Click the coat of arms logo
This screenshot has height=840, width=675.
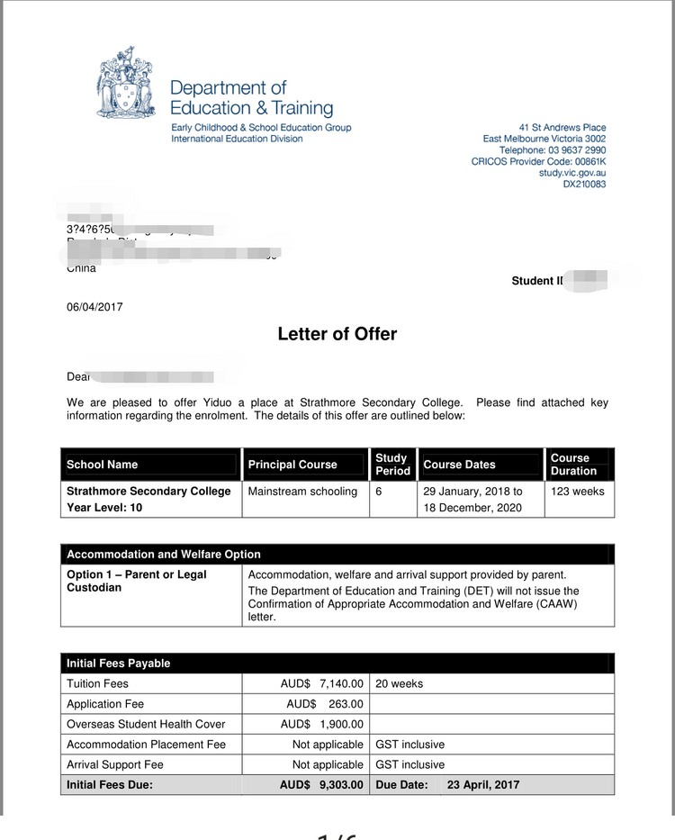pyautogui.click(x=127, y=87)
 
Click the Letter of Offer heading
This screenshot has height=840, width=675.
pyautogui.click(x=337, y=334)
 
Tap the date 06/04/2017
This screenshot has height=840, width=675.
pyautogui.click(x=94, y=307)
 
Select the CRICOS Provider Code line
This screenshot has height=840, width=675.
pyautogui.click(x=538, y=162)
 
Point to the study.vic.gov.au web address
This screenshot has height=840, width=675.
pyautogui.click(x=572, y=173)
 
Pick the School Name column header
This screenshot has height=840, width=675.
pyautogui.click(x=103, y=465)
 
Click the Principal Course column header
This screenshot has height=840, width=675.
pyautogui.click(x=292, y=465)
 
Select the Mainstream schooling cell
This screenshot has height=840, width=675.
pyautogui.click(x=302, y=492)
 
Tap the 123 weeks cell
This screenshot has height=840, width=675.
pyautogui.click(x=578, y=492)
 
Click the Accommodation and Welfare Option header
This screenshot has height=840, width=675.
pyautogui.click(x=164, y=555)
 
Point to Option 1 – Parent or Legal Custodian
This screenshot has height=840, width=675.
pyautogui.click(x=137, y=581)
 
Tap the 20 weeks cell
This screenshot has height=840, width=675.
pyautogui.click(x=400, y=683)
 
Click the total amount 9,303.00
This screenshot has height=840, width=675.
pyautogui.click(x=341, y=785)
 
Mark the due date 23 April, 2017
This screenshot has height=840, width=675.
pyautogui.click(x=482, y=785)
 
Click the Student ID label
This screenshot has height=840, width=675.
pyautogui.click(x=536, y=281)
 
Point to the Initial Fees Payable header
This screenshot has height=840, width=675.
pyautogui.click(x=119, y=664)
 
